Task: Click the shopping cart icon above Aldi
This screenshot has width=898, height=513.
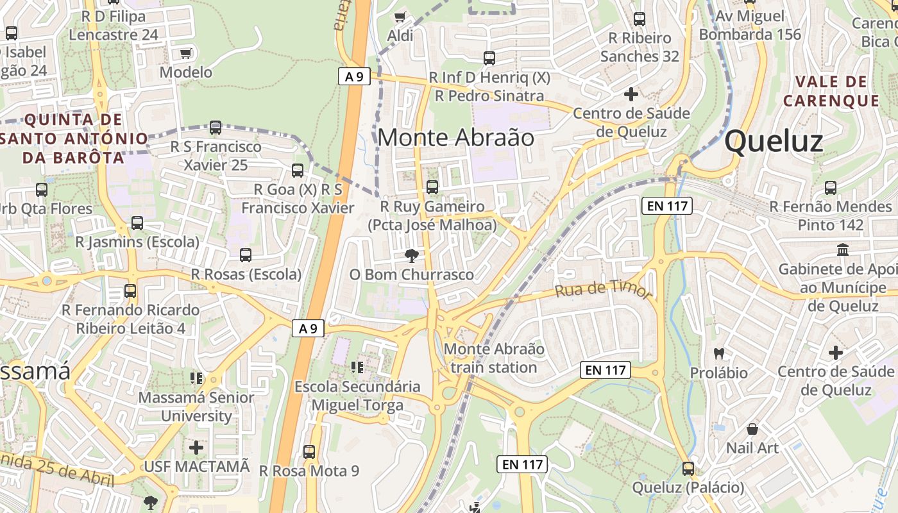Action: (x=400, y=17)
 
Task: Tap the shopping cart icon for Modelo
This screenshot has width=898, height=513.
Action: (x=186, y=54)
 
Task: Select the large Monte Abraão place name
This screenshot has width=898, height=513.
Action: (x=455, y=137)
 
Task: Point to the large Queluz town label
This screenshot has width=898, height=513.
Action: (x=774, y=141)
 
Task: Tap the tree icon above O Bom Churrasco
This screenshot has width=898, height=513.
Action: (x=411, y=256)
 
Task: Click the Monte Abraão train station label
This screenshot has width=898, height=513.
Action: (x=494, y=358)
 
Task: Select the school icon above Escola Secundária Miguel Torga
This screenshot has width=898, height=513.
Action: (x=357, y=367)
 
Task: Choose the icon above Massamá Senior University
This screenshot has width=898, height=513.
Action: (x=196, y=378)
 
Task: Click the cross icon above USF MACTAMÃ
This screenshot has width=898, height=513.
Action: (x=196, y=447)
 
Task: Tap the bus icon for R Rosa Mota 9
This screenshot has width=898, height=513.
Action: (x=309, y=452)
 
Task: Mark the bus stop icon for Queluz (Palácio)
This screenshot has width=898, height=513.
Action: (x=688, y=469)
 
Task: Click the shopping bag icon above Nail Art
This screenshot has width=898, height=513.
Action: (x=752, y=429)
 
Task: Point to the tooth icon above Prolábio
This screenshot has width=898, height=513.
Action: (x=719, y=353)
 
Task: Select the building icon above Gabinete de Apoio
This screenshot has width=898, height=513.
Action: (x=843, y=249)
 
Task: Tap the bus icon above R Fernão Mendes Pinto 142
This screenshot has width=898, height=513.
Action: (x=831, y=188)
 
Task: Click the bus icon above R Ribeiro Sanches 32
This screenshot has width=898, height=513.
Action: (x=639, y=19)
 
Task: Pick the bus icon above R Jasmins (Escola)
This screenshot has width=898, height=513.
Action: (x=137, y=223)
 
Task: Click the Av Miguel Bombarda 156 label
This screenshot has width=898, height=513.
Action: (x=750, y=25)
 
